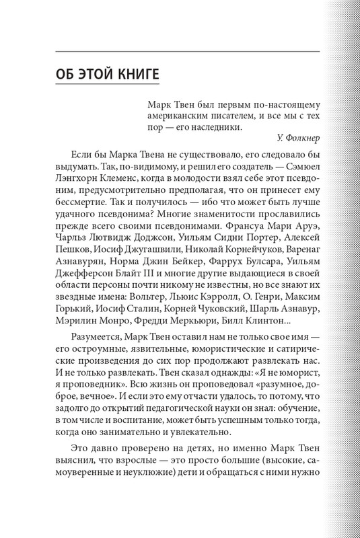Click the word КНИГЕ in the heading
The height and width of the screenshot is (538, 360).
click(132, 72)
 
